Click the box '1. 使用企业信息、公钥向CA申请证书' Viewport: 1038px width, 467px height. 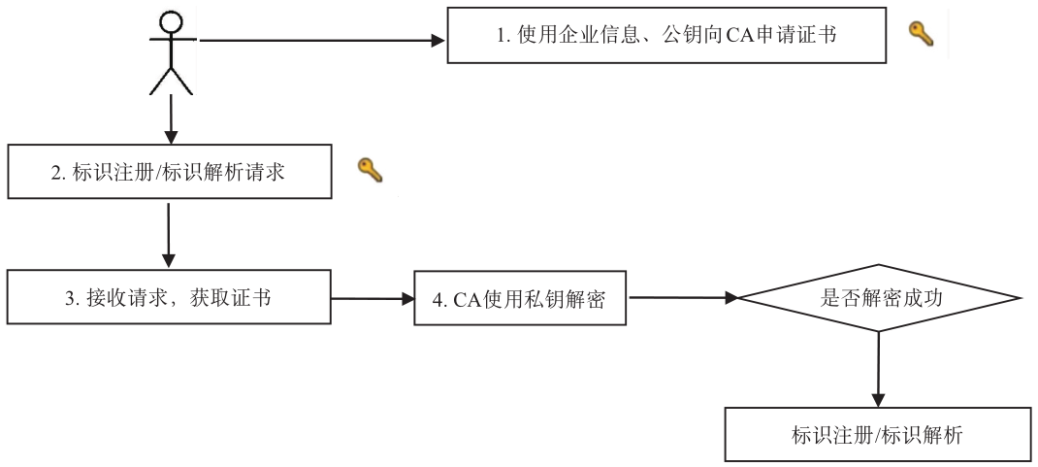666,36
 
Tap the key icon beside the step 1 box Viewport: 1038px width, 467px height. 920,34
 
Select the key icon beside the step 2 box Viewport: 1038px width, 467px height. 370,171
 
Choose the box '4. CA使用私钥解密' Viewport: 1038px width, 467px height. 520,298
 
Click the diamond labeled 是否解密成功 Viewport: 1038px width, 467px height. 879,298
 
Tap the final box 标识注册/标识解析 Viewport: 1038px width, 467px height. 878,435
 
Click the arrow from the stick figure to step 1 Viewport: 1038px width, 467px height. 320,41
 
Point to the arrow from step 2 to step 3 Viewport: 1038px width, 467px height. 170,233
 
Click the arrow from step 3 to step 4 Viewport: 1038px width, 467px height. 373,298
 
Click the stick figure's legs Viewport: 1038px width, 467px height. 171,80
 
